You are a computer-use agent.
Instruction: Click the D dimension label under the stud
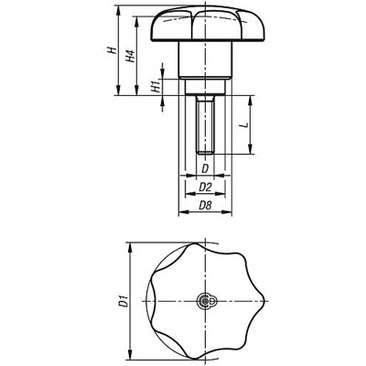pos(206,169)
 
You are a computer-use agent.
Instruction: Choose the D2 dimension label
pos(206,188)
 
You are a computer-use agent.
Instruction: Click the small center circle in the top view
pos(207,303)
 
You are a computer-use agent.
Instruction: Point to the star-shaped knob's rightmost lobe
pos(265,303)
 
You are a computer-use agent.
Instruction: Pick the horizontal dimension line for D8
pos(206,216)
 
